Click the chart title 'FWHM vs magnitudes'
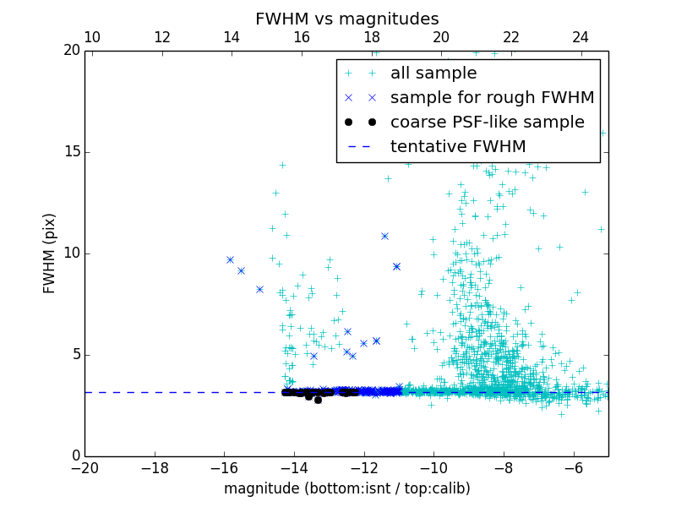pyautogui.click(x=346, y=19)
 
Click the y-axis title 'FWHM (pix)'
pyautogui.click(x=50, y=253)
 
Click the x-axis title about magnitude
pyautogui.click(x=346, y=488)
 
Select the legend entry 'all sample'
pyautogui.click(x=433, y=74)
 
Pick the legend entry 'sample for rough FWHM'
pyautogui.click(x=492, y=98)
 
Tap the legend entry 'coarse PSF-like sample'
pyautogui.click(x=487, y=123)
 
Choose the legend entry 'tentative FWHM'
pyautogui.click(x=458, y=147)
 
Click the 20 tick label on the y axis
pyautogui.click(x=70, y=51)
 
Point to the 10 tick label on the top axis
pyautogui.click(x=93, y=37)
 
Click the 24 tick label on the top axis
pyautogui.click(x=581, y=37)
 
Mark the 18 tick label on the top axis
pyautogui.click(x=372, y=37)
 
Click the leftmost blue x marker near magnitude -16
pyautogui.click(x=230, y=259)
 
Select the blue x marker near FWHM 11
pyautogui.click(x=384, y=236)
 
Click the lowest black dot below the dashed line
pyautogui.click(x=318, y=400)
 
